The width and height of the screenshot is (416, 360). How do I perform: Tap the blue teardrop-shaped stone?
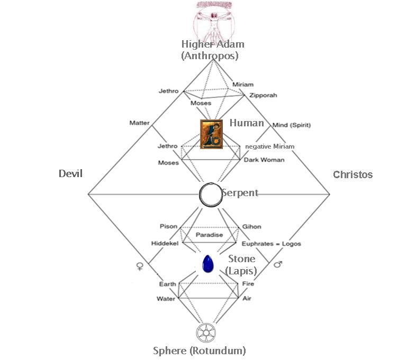tap(208, 263)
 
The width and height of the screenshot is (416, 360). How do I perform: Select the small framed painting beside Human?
tap(211, 135)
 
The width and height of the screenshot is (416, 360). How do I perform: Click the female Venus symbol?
tap(140, 265)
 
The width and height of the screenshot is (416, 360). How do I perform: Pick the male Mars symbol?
tap(278, 263)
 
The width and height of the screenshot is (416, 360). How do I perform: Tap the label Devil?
tap(71, 174)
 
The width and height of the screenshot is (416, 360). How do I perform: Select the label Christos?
tap(352, 174)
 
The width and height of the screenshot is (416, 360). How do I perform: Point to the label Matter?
tap(139, 123)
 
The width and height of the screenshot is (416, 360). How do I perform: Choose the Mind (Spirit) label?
tap(291, 125)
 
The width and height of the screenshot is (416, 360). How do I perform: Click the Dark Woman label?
tap(264, 160)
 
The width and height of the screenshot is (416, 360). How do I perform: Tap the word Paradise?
tap(210, 235)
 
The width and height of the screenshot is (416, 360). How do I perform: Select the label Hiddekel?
tap(165, 244)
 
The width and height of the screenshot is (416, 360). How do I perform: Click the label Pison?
tap(168, 226)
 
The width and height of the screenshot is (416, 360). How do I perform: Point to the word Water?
tap(166, 299)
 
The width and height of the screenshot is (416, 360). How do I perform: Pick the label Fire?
tap(248, 284)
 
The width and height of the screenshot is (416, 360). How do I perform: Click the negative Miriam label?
tap(269, 146)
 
